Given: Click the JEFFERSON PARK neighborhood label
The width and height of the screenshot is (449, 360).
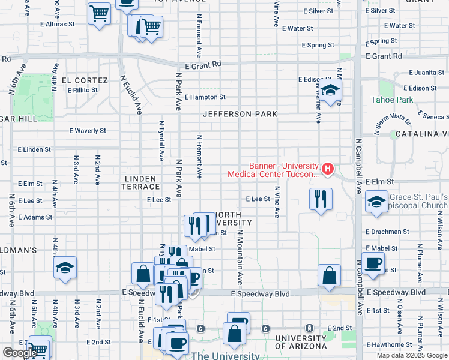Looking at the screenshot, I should pos(240,114).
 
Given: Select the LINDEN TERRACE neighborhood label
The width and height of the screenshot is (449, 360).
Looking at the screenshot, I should pos(140,183).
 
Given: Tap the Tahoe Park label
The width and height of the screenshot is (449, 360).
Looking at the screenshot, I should pos(392,100).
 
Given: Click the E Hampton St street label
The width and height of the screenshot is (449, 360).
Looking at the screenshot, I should pos(205,97).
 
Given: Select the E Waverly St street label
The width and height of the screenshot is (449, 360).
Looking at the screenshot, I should pos(88,130).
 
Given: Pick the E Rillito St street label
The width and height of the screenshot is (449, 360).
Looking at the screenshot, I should pos(82,91).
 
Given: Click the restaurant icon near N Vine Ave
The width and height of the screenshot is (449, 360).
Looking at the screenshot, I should pos(321,199).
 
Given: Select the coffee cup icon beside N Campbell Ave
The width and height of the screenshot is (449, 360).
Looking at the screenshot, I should pos(373,263).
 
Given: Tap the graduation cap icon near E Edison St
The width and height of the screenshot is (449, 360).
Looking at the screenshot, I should pos(330,91).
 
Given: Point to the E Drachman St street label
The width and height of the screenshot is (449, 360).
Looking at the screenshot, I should pos(387,232).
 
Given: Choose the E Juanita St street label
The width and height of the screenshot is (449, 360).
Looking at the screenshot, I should pos(426,73).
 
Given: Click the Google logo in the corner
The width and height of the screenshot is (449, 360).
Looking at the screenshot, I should pos(19,353).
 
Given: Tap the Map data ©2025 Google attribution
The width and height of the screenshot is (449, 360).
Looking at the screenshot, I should pos(412,355).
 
